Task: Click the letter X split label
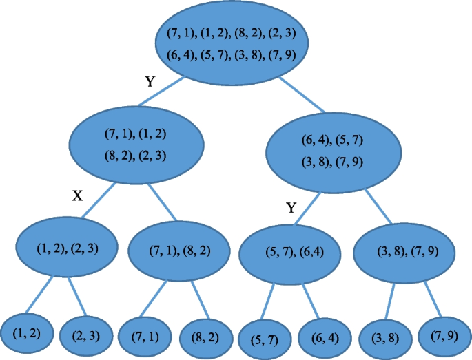[x=78, y=196]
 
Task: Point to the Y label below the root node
[x=150, y=82]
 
